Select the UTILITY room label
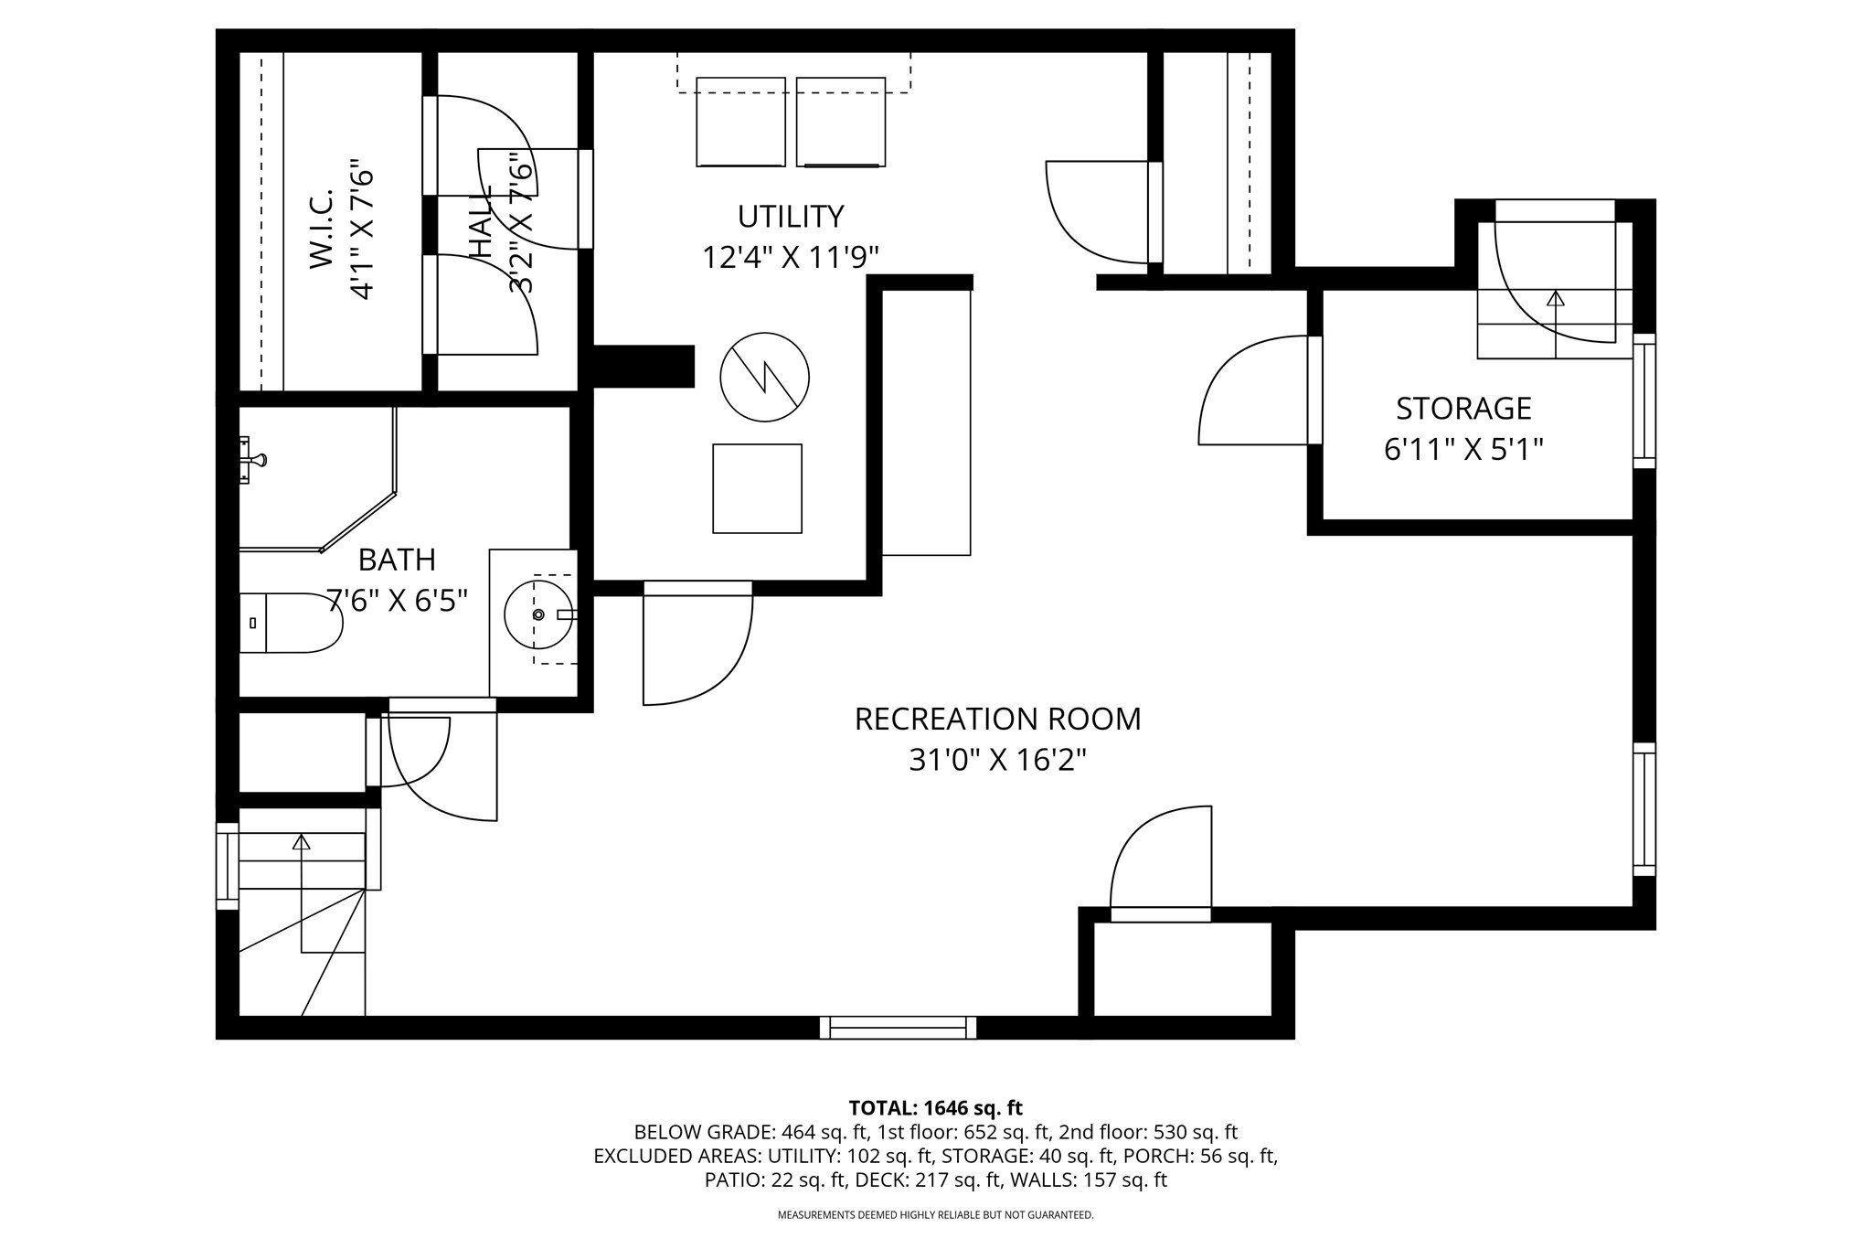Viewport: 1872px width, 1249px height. tap(791, 217)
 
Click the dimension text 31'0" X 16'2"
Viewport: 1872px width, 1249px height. tap(997, 760)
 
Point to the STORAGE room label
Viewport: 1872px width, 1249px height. tap(1463, 408)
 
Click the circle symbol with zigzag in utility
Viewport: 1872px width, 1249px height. tap(765, 377)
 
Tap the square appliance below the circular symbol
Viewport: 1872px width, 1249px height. tap(757, 488)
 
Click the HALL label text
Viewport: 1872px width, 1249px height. tap(481, 222)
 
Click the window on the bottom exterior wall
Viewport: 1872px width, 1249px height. tap(898, 1028)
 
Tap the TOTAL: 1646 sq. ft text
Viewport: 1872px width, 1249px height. tap(935, 1108)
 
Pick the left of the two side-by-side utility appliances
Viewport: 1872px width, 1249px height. tap(740, 122)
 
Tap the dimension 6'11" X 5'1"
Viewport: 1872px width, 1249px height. tap(1463, 450)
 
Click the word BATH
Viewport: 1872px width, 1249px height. tap(397, 560)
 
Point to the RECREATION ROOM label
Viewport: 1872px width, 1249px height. tap(997, 720)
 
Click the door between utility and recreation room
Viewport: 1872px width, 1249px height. tap(697, 645)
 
